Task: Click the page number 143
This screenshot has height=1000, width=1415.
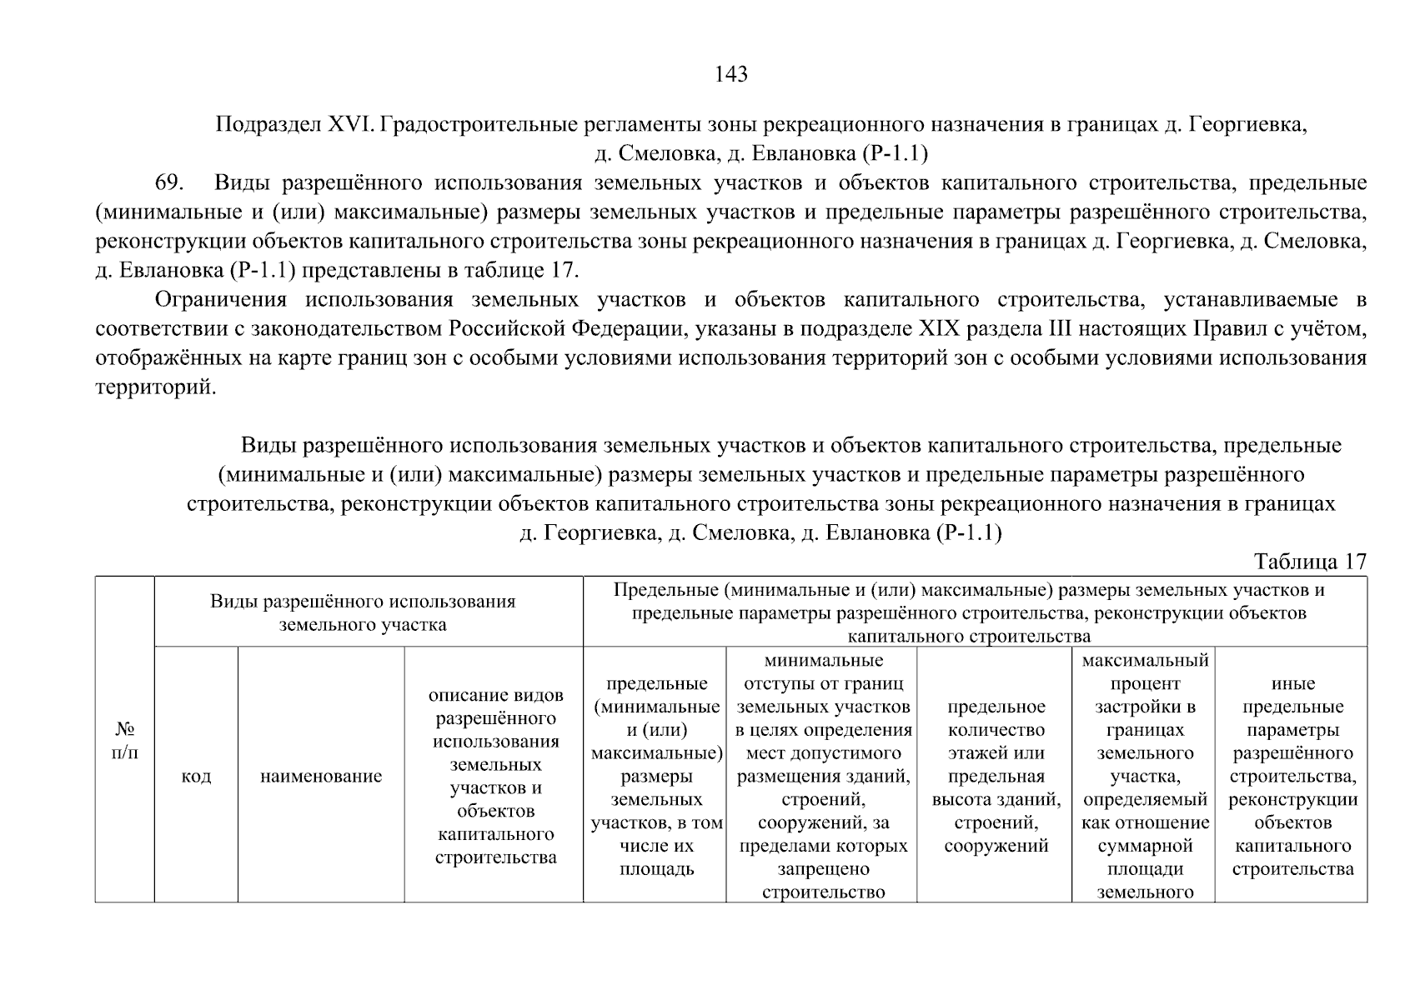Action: [731, 75]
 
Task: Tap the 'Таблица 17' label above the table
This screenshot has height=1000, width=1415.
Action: [1310, 562]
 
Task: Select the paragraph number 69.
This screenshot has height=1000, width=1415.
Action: [170, 183]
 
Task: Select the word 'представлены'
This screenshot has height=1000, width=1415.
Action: [377, 271]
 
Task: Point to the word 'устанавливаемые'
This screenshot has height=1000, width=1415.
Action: [1247, 300]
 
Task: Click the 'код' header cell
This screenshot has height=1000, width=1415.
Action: [196, 777]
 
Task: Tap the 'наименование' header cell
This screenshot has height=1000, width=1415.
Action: [321, 777]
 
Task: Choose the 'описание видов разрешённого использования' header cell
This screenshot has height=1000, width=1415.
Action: [495, 777]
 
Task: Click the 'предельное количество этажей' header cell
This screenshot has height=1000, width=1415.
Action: [996, 777]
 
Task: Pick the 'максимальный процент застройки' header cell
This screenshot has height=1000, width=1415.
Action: [1144, 777]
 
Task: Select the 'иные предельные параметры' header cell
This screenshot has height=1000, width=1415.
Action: [1292, 777]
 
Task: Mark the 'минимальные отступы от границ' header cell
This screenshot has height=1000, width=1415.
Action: [822, 777]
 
